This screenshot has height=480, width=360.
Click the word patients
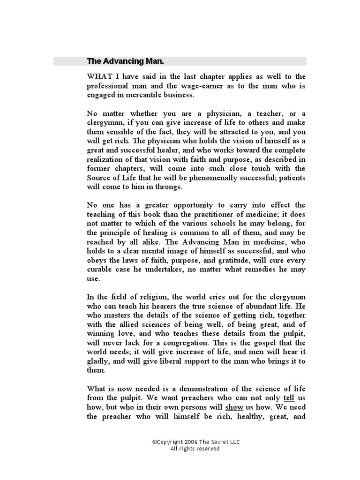293,178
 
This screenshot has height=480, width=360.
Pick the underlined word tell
289,398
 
